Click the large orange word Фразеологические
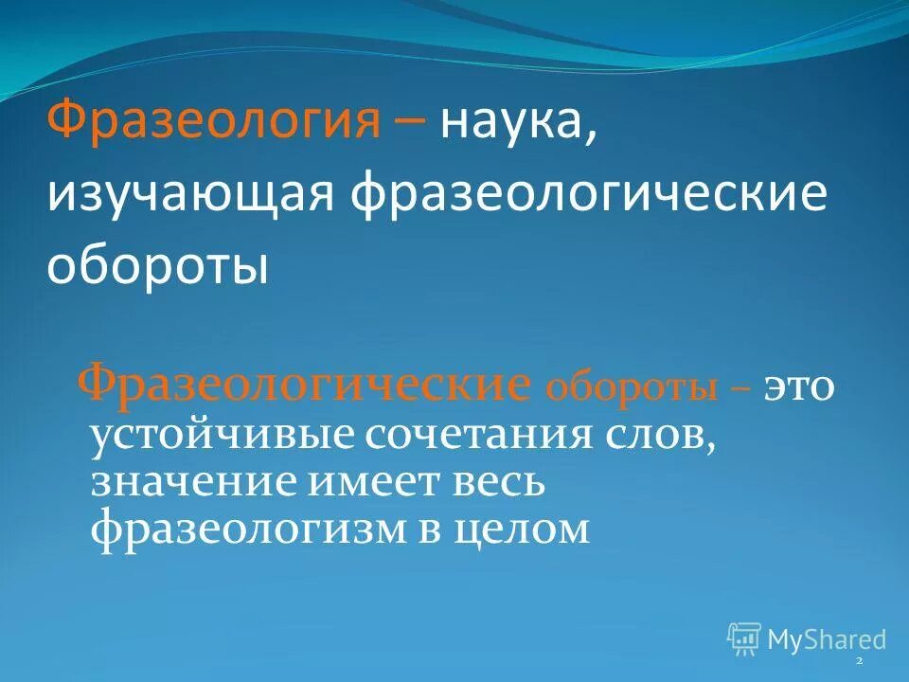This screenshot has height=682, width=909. click(303, 386)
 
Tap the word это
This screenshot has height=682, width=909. click(799, 388)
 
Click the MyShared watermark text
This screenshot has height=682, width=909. click(827, 639)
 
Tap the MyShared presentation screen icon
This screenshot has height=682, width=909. click(744, 639)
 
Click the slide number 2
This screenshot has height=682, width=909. click(858, 660)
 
